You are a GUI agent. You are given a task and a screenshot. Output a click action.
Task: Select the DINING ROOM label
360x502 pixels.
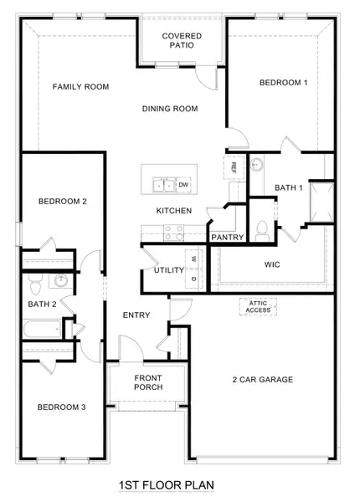(x=169, y=108)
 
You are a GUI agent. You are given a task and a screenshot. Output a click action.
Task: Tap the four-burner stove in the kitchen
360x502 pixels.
(x=174, y=233)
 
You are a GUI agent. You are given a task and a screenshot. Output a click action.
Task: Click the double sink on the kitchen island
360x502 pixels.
(x=162, y=184)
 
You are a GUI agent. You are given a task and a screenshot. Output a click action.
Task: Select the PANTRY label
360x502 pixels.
(x=227, y=238)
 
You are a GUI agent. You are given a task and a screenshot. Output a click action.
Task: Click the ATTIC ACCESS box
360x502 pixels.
(x=259, y=307)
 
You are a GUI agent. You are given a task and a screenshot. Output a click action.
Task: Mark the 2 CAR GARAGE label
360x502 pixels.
(x=262, y=380)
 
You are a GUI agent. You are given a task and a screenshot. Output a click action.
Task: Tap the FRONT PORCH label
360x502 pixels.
(x=148, y=382)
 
